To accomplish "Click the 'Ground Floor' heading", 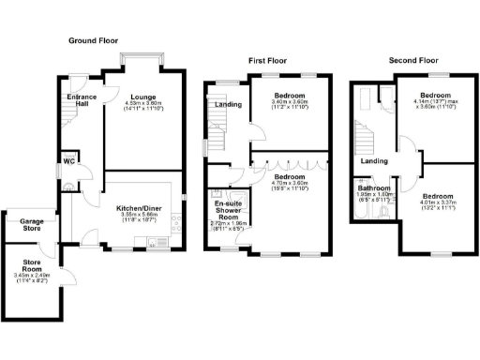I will (95, 41).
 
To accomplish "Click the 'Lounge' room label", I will (142, 97).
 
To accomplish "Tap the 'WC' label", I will (68, 159).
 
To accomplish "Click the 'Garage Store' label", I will (33, 225).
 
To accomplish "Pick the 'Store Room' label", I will (30, 269).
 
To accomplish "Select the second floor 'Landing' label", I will (375, 161).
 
